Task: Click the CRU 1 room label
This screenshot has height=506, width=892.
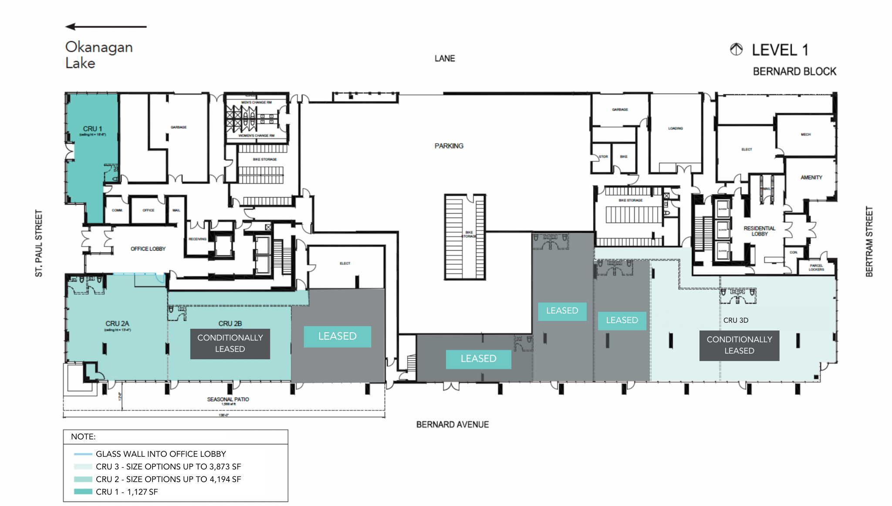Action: click(92, 129)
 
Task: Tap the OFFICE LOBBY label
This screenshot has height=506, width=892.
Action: click(148, 249)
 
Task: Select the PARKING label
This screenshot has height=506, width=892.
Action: click(449, 146)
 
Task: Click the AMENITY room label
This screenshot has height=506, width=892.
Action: click(811, 177)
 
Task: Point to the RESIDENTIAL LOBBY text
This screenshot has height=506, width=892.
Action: click(759, 231)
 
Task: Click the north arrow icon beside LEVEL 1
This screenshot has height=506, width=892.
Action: click(736, 50)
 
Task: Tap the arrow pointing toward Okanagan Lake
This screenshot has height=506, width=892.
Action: click(106, 27)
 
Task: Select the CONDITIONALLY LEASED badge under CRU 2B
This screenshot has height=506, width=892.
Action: click(230, 344)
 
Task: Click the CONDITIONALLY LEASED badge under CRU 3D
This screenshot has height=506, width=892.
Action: click(739, 345)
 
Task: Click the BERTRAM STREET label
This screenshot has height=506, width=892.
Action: click(869, 241)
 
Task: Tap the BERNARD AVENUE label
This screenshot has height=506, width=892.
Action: click(452, 424)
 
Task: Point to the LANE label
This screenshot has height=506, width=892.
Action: click(444, 58)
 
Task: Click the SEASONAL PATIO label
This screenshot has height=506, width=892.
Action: click(228, 399)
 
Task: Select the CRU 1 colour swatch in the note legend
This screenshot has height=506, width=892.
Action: click(83, 492)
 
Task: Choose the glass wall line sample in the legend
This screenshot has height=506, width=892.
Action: click(83, 454)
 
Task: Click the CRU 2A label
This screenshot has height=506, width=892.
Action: click(117, 324)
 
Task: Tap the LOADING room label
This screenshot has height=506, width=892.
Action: click(675, 128)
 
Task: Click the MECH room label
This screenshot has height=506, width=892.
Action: click(805, 135)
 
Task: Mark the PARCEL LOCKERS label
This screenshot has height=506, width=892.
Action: click(816, 267)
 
